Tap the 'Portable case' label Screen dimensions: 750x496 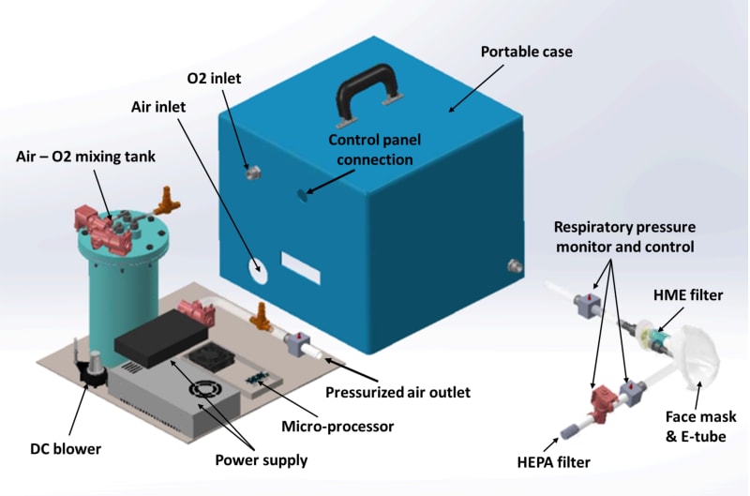527,52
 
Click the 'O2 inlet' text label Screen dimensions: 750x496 214,78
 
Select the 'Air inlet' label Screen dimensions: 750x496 158,107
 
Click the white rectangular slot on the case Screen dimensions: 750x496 301,268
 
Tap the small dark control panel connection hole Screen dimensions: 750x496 302,195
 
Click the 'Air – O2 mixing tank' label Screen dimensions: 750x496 85,157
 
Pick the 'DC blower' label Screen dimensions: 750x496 66,449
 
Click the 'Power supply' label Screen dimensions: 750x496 262,460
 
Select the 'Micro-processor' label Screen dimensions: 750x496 337,427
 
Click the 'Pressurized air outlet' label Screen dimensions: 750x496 397,392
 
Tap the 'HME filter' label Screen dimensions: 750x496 688,295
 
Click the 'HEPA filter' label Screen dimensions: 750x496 554,462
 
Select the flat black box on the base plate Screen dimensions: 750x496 161,338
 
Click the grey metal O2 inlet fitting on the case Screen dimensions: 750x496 253,173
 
